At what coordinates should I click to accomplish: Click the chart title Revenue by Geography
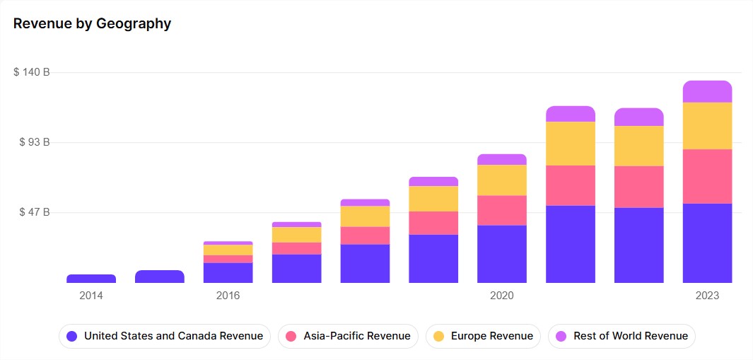(92, 23)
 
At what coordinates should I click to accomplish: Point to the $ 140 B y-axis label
(32, 72)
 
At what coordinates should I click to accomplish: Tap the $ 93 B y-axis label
(35, 142)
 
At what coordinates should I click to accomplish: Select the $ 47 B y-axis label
(35, 212)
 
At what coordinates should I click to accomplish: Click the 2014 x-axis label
(91, 296)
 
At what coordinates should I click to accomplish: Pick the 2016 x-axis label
(228, 296)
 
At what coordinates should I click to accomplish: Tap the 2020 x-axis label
(502, 296)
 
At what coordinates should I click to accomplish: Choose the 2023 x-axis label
(707, 296)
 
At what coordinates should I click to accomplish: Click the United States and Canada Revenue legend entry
(165, 336)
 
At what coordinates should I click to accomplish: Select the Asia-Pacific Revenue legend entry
(349, 336)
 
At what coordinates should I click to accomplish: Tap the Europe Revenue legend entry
(484, 336)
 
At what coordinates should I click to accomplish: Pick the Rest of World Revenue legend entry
(621, 336)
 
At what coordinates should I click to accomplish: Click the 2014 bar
(91, 279)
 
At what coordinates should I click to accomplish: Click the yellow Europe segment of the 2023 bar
(707, 126)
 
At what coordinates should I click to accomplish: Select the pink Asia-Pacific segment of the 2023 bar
(707, 176)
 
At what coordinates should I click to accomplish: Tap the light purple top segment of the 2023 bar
(707, 91)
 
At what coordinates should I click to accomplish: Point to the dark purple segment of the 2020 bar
(502, 254)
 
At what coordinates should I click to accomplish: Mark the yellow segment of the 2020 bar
(502, 180)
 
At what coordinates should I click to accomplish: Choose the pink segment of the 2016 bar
(228, 259)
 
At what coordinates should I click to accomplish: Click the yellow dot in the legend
(438, 336)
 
